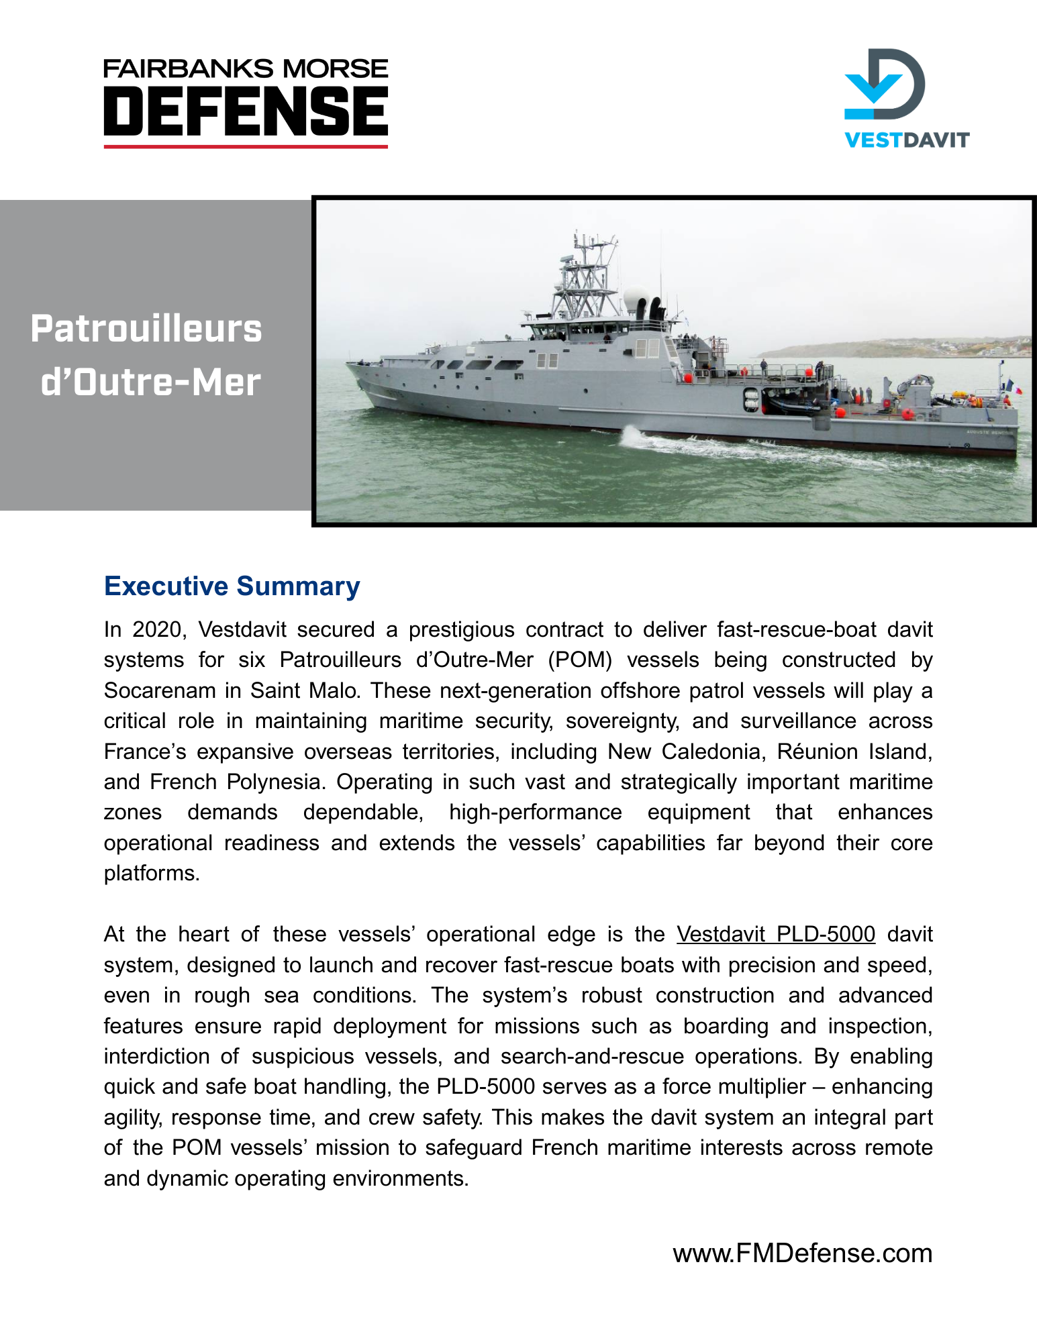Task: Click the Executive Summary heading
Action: [232, 586]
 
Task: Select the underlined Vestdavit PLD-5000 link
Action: [775, 934]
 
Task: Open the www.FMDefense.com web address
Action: [802, 1253]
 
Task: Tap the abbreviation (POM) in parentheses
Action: [580, 660]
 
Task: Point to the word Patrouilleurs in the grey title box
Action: [146, 329]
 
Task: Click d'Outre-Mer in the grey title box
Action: [150, 382]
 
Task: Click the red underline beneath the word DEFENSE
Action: [246, 146]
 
